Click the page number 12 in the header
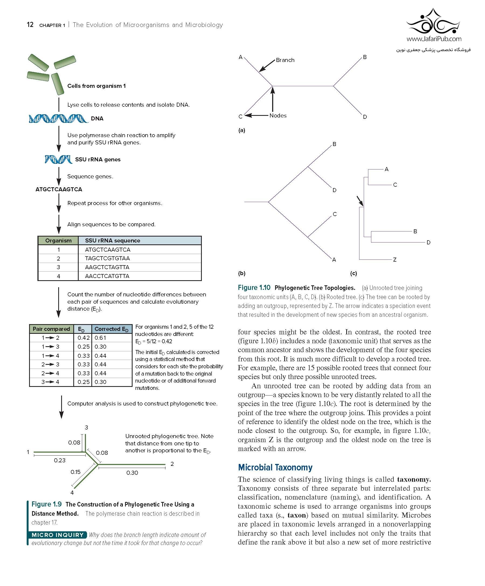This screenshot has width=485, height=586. [30, 25]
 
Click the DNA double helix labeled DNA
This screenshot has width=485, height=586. [58, 119]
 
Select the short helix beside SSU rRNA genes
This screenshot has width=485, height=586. [58, 159]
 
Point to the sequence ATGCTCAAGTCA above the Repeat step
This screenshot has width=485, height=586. [59, 189]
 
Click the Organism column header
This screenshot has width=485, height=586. [58, 241]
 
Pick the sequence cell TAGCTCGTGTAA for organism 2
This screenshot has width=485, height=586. [108, 258]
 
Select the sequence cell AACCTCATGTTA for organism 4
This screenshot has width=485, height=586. [107, 276]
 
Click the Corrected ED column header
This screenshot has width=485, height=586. [111, 329]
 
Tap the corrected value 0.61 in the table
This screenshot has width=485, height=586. [100, 338]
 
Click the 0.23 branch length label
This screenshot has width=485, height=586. [60, 460]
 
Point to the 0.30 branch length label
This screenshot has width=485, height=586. [132, 473]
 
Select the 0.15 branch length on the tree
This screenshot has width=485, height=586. [75, 472]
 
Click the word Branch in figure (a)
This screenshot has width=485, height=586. [285, 60]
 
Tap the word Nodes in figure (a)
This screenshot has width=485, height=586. [278, 116]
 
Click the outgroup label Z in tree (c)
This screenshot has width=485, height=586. [394, 259]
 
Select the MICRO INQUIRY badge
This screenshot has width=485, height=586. [57, 535]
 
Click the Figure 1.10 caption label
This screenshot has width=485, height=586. [254, 287]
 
